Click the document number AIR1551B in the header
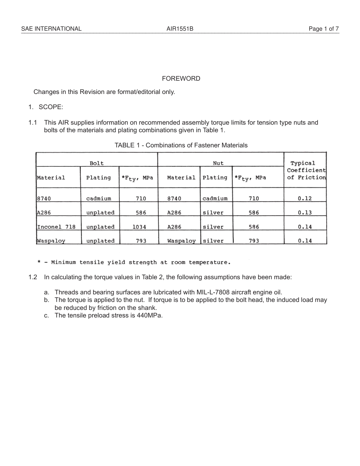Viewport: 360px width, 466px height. tap(180, 29)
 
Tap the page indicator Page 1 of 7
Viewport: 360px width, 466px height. tap(324, 29)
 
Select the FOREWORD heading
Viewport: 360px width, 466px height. tap(181, 79)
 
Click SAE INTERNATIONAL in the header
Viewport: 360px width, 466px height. tap(51, 29)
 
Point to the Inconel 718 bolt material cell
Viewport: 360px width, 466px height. tap(56, 227)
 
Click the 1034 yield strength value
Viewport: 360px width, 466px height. tap(139, 227)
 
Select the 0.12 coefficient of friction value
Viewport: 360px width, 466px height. tap(304, 199)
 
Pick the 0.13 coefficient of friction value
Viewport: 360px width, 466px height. tap(304, 213)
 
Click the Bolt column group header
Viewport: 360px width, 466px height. tap(96, 163)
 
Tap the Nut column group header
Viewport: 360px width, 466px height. tap(218, 163)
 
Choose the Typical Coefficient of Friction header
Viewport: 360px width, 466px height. tap(306, 170)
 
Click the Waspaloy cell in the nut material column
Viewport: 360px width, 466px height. tap(181, 241)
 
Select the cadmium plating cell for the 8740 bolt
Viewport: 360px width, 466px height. tap(99, 199)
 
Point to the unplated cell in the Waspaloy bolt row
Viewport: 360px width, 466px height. tap(100, 241)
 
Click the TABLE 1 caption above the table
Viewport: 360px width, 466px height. tap(181, 145)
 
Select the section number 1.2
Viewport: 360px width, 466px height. tap(33, 277)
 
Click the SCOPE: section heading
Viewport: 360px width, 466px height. tap(51, 107)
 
